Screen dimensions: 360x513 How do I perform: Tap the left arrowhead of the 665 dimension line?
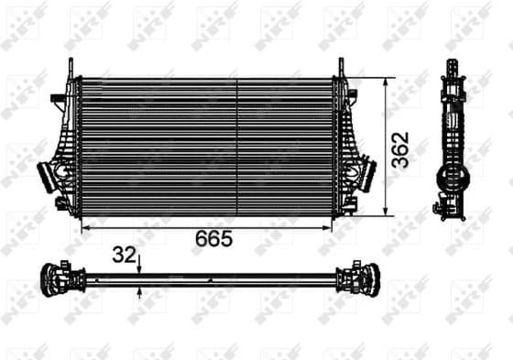click(x=85, y=224)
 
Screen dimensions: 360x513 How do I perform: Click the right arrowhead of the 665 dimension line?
click(x=331, y=224)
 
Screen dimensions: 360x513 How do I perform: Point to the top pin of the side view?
click(x=452, y=67)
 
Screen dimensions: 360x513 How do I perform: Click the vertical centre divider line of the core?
click(x=237, y=147)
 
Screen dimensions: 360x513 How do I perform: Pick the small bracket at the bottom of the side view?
click(x=449, y=212)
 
